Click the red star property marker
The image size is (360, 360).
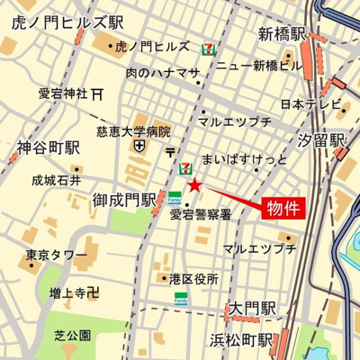[x=194, y=185]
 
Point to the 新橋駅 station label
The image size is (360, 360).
[x=283, y=34]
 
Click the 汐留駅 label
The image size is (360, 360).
[x=323, y=140]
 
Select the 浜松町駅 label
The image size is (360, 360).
[x=241, y=339]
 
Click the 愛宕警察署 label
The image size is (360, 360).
[x=202, y=213]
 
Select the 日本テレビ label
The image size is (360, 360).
[x=305, y=104]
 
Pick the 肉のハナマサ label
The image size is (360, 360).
[x=163, y=72]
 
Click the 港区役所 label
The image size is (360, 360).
[x=193, y=279]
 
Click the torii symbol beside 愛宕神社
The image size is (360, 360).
[x=97, y=93]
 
